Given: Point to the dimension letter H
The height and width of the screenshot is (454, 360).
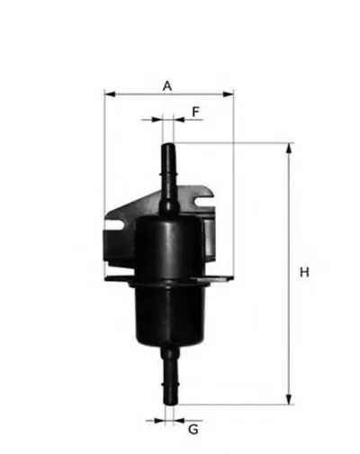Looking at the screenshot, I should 305,272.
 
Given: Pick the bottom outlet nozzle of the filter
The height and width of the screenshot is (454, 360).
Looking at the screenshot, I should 166,377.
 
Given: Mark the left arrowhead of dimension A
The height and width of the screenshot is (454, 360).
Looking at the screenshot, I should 108,93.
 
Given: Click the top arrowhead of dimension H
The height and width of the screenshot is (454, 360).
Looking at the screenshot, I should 289,147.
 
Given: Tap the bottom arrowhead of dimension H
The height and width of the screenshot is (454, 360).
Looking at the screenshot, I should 289,400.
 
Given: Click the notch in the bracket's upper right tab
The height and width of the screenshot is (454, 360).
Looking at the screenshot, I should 210,193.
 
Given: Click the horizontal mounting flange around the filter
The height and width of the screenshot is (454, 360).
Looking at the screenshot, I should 167,280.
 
